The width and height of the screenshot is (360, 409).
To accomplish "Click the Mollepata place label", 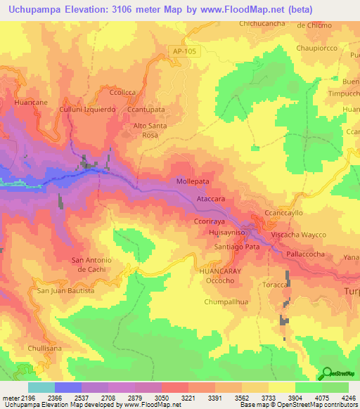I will click(193, 181).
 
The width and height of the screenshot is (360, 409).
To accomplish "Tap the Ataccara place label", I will click(211, 200).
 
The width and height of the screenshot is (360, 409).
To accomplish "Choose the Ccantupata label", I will click(146, 110).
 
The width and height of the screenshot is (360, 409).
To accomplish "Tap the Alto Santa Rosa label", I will click(150, 129).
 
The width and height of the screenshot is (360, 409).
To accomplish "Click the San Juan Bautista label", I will click(65, 290).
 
